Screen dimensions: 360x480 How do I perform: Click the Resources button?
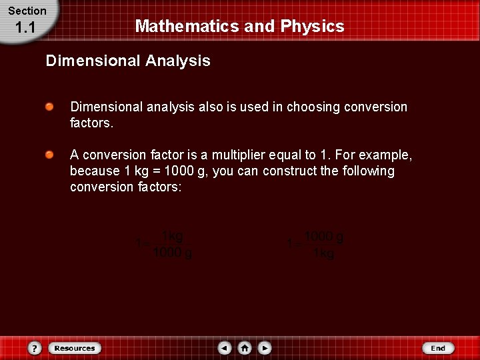74,348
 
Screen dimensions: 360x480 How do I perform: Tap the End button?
438,348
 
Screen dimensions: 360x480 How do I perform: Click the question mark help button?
35,348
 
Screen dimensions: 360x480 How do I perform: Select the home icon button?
245,348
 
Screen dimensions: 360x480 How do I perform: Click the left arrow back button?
225,348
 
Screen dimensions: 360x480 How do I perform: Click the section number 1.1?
25,28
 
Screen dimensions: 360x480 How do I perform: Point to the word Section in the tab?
27,11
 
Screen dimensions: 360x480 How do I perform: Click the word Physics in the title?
312,26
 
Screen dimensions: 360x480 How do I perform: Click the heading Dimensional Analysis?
128,61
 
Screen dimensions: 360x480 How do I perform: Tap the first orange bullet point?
50,107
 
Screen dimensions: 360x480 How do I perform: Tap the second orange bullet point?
50,155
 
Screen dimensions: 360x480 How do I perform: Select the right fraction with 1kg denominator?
323,245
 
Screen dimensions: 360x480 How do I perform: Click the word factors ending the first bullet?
91,123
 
